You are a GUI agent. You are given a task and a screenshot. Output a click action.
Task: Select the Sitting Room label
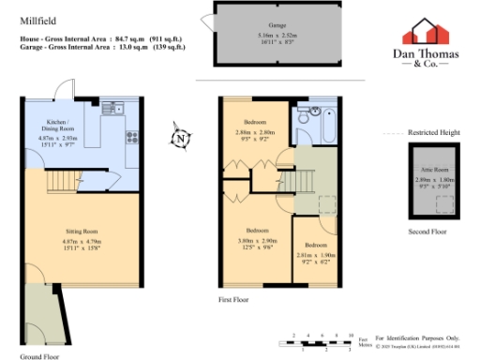click(81, 231)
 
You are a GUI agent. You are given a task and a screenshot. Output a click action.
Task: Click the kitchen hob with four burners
click(132, 137)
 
